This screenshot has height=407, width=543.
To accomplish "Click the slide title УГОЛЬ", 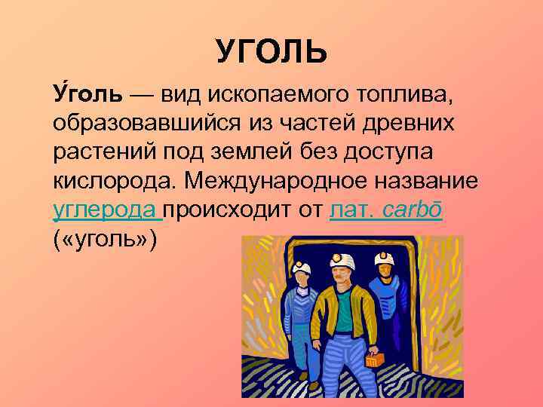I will [x=271, y=51].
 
